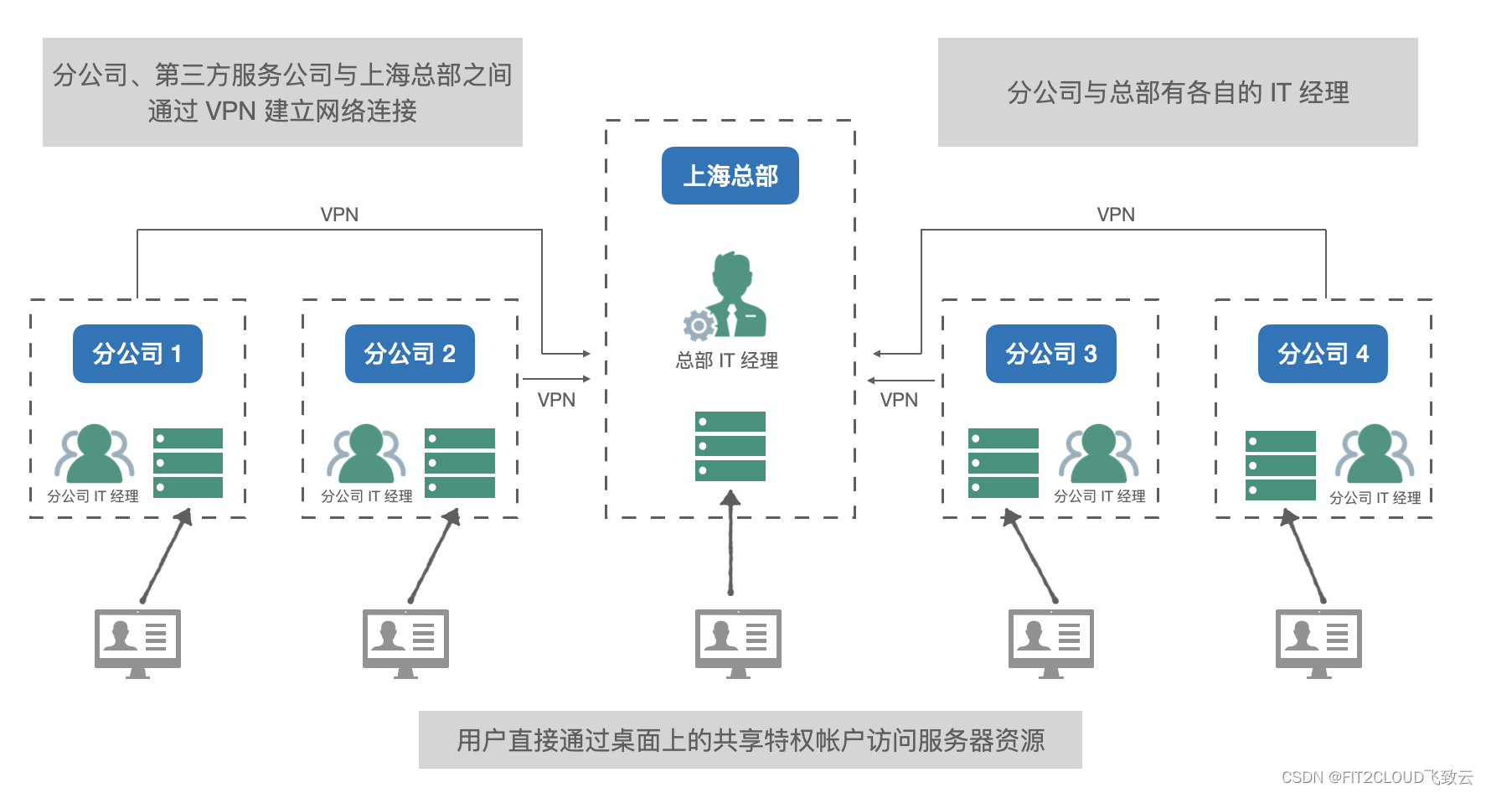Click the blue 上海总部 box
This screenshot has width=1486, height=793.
click(730, 176)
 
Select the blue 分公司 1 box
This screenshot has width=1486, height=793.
click(137, 354)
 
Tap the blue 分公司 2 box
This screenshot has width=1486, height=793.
click(410, 354)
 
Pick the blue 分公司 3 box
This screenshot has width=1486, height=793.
click(1050, 354)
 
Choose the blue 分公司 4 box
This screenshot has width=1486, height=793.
click(1323, 354)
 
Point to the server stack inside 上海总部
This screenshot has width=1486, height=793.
click(730, 446)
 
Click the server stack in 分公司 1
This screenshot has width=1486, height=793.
click(188, 463)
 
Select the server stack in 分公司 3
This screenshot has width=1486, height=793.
click(1003, 463)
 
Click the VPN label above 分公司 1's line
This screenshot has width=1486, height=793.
click(339, 215)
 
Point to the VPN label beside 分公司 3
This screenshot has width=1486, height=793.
click(899, 400)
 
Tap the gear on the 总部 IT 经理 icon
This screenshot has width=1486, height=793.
click(698, 324)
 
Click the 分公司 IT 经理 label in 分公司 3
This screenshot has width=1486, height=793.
click(1099, 496)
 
